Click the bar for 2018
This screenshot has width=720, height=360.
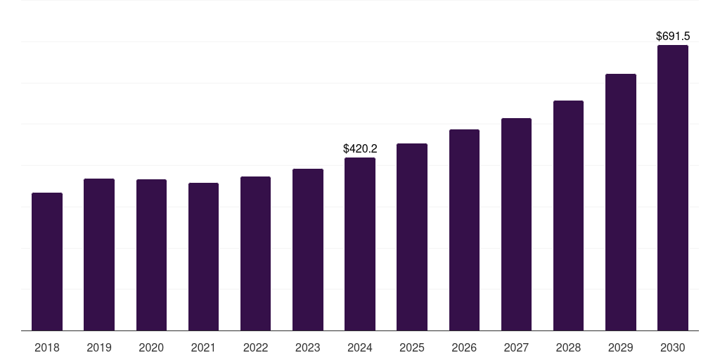47,262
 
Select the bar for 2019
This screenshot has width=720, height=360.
99,255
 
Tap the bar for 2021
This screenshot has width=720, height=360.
203,257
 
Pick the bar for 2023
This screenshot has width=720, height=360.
308,250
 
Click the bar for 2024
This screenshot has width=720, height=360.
360,244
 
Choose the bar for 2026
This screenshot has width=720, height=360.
464,230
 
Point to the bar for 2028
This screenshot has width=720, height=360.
568,216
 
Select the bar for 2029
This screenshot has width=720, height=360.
621,202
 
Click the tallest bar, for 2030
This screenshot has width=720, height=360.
673,188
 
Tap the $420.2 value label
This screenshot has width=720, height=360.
360,148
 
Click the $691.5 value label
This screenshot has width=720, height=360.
673,36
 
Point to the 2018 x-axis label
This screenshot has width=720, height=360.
47,347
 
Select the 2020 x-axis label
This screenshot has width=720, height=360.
151,347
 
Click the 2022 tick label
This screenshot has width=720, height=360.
256,347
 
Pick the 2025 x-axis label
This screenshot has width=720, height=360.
412,347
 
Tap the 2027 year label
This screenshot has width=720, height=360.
516,347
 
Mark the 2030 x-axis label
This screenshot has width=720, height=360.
673,347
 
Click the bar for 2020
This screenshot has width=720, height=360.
151,255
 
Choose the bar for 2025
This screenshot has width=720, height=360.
412,237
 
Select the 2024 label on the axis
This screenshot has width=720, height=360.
360,347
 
